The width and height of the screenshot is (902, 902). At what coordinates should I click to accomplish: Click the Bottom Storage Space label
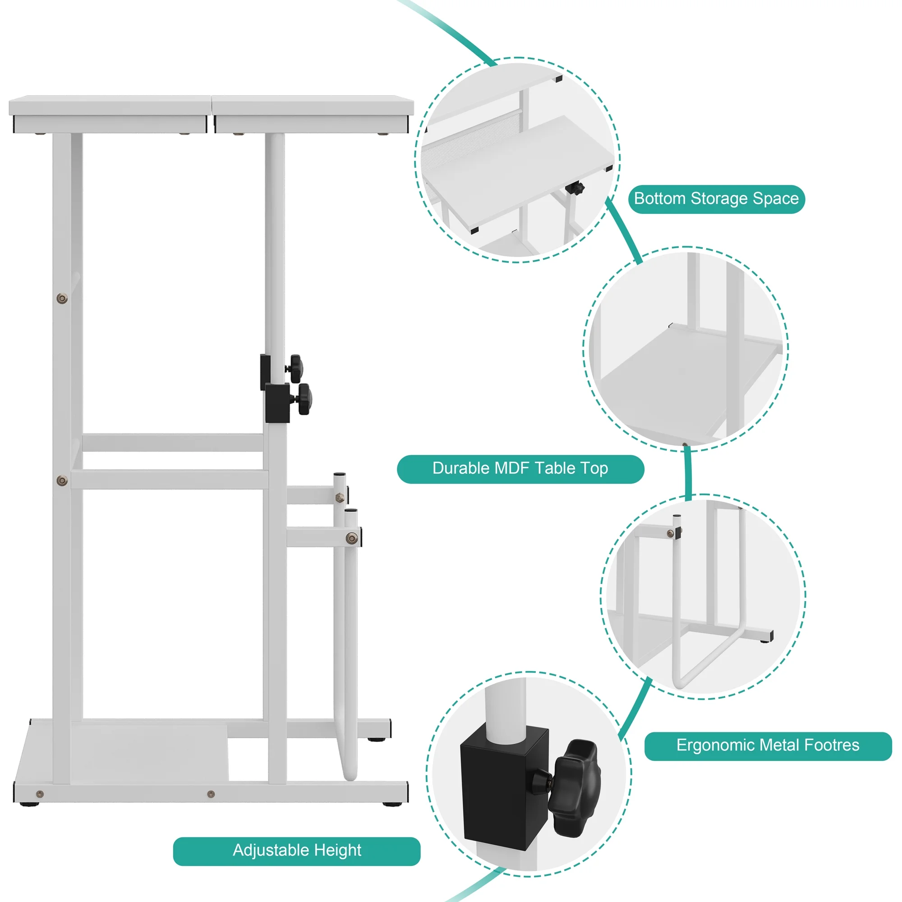(716, 199)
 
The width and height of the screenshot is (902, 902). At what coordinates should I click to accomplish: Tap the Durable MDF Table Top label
(520, 469)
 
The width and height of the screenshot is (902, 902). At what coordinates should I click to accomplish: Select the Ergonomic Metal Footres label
(768, 745)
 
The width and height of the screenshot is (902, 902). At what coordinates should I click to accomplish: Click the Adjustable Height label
(296, 850)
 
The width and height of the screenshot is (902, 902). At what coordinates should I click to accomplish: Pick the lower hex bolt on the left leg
(62, 480)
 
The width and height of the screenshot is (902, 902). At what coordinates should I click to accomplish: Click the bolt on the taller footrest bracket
(340, 498)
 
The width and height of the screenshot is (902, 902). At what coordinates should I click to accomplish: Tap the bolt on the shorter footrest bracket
(352, 539)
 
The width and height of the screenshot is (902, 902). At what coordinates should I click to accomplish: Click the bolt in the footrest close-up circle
(671, 534)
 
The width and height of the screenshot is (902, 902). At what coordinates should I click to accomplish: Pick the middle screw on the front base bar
(211, 794)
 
